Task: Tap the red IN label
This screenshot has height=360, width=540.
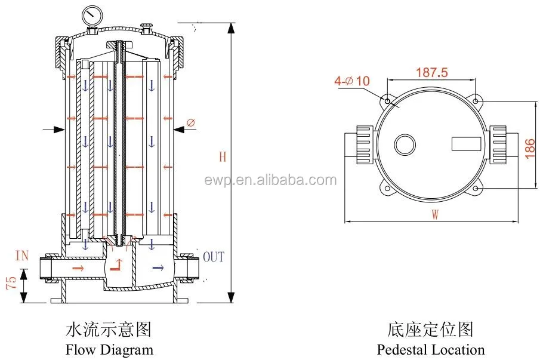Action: pos(22,256)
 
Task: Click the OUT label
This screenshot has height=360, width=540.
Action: pos(214,257)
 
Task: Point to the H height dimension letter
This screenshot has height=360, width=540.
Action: pos(223,157)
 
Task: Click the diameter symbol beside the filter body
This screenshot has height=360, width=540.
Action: pos(190,124)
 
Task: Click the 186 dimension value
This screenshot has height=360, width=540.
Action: pos(529,146)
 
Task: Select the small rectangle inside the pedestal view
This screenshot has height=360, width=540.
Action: pos(465,144)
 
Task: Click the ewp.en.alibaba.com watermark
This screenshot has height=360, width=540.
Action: pos(270,180)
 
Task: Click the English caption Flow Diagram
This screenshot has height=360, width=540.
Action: pos(109,349)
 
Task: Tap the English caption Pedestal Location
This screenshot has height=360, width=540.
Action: pos(431,349)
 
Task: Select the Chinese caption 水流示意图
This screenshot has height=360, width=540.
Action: pos(109,330)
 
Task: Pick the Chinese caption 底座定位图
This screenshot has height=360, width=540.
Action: pos(431,330)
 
